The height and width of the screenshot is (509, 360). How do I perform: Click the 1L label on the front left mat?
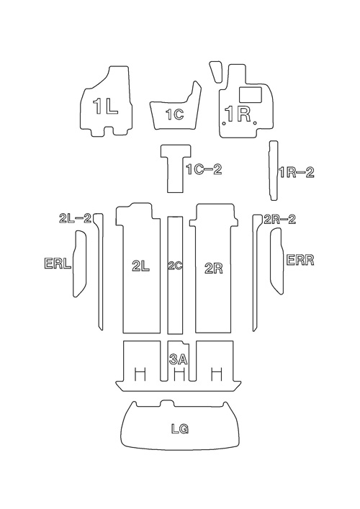[105, 106]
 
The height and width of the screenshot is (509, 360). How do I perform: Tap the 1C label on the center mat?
[175, 114]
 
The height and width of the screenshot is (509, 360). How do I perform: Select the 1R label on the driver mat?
[238, 114]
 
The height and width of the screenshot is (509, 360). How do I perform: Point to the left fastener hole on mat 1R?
[225, 123]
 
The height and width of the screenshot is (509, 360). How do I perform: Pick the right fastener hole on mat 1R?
[255, 123]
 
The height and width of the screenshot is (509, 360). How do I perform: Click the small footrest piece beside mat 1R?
[215, 71]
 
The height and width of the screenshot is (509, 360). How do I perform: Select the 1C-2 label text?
[204, 169]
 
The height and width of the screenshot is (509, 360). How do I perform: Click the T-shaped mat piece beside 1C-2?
[176, 168]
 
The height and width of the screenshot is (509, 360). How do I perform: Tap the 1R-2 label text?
[297, 172]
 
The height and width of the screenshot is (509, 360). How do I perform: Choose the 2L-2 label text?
[76, 218]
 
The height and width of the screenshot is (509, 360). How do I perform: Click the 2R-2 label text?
[280, 220]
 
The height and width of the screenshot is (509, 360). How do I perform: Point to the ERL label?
[58, 263]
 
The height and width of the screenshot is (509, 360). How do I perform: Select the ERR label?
[300, 260]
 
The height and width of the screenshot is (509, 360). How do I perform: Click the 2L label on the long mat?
[141, 266]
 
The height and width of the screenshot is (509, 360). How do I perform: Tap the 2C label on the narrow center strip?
[175, 266]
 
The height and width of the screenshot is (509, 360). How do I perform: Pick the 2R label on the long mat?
[214, 269]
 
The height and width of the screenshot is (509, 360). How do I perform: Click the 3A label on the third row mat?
[179, 359]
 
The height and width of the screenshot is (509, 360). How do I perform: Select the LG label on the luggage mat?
[180, 429]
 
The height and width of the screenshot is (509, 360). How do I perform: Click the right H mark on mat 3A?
[216, 374]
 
